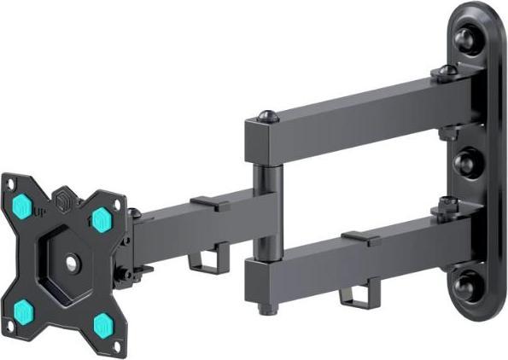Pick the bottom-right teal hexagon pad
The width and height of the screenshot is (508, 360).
tap(104, 323)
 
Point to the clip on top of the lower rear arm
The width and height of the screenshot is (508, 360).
tap(362, 236)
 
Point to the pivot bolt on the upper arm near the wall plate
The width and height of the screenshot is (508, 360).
tap(444, 73)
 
